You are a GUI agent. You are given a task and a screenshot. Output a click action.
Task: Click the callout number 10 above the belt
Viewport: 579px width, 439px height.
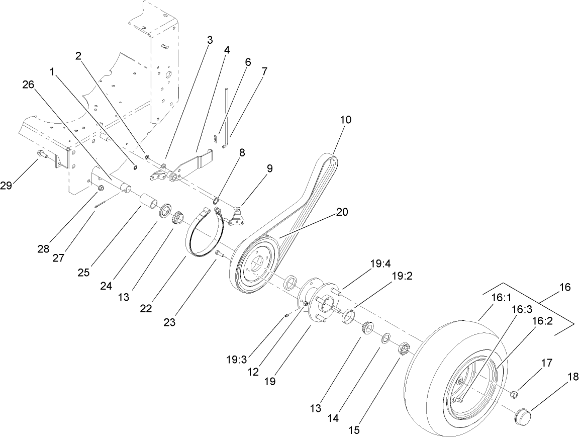[x=345, y=120]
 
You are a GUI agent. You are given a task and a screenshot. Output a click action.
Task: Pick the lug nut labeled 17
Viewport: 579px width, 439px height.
[x=515, y=394]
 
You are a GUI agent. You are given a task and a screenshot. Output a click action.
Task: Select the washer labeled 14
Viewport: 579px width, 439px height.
[x=385, y=337]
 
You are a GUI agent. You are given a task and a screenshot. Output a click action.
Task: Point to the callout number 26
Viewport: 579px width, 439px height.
[x=28, y=85]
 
